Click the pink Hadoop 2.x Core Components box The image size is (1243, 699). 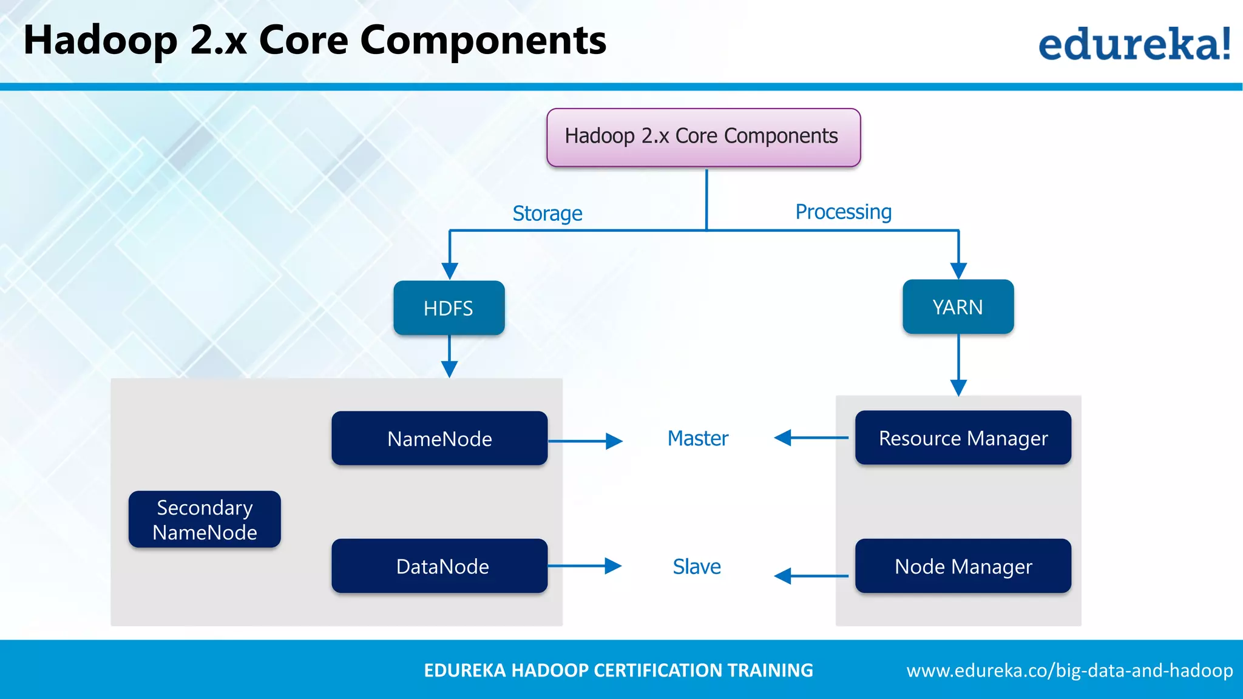pyautogui.click(x=703, y=137)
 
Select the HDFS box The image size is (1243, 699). pyautogui.click(x=449, y=308)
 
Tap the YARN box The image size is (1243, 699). pyautogui.click(x=958, y=307)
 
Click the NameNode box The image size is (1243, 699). pyautogui.click(x=439, y=439)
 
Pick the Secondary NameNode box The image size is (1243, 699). pyautogui.click(x=205, y=519)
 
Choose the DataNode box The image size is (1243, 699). pyautogui.click(x=439, y=566)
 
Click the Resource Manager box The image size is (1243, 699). pyautogui.click(x=963, y=438)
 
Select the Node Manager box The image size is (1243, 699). pyautogui.click(x=963, y=566)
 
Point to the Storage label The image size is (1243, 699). pyautogui.click(x=547, y=214)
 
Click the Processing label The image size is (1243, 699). pyautogui.click(x=843, y=212)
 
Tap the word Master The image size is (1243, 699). pyautogui.click(x=697, y=438)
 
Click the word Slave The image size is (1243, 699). pyautogui.click(x=697, y=567)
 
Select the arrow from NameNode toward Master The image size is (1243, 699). pyautogui.click(x=585, y=441)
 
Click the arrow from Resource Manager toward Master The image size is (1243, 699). pyautogui.click(x=811, y=437)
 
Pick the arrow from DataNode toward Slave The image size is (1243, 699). pyautogui.click(x=584, y=566)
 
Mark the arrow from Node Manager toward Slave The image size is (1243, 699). pyautogui.click(x=811, y=576)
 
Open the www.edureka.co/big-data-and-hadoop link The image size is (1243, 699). pyautogui.click(x=1069, y=670)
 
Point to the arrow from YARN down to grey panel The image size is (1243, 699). pyautogui.click(x=958, y=364)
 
